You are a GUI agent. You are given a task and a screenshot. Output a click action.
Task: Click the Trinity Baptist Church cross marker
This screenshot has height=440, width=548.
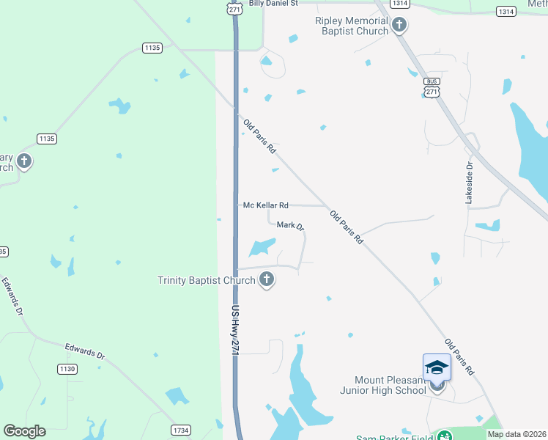[267, 279]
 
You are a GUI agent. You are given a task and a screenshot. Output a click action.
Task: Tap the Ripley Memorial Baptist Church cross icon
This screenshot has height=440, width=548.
[399, 25]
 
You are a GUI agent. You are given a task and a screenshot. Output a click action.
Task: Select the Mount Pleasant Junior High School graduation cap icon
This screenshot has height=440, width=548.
[437, 367]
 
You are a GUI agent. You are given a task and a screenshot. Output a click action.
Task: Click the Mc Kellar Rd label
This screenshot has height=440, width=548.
[265, 206]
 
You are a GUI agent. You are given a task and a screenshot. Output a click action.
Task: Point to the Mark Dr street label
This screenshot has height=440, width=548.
[290, 225]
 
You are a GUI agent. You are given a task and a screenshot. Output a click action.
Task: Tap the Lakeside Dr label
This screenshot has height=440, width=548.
[470, 183]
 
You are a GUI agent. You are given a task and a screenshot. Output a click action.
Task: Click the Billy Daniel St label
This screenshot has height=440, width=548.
[273, 4]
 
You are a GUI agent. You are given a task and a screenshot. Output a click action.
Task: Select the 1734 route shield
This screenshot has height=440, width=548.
[181, 430]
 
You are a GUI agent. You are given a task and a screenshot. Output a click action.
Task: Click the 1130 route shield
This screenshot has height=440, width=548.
[67, 369]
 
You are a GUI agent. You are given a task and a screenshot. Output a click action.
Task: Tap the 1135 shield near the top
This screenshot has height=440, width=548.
[152, 48]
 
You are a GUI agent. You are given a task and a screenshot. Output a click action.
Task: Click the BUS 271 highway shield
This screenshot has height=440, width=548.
[432, 87]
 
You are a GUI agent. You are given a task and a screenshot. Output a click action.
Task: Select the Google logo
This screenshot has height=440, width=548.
[24, 431]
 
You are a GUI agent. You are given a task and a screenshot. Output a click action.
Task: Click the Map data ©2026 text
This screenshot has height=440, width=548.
[516, 434]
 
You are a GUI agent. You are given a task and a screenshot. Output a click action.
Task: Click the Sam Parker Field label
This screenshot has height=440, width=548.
[394, 438]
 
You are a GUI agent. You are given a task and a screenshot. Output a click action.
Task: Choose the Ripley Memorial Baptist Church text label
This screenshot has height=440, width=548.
[352, 26]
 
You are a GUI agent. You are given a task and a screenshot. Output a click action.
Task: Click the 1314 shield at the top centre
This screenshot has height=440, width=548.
[399, 4]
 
